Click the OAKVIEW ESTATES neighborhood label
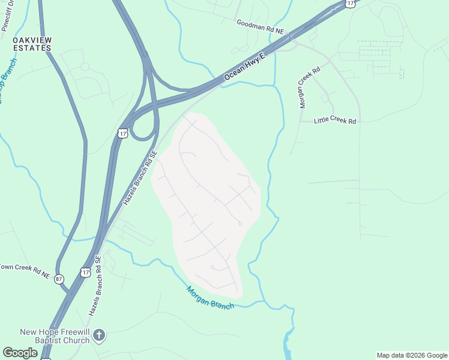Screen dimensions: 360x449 [x=32, y=44]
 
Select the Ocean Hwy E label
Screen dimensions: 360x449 [x=245, y=69]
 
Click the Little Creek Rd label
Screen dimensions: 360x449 [x=336, y=121]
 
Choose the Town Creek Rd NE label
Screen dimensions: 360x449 [x=24, y=271]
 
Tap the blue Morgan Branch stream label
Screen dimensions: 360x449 [x=209, y=297]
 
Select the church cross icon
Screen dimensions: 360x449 [x=100, y=335]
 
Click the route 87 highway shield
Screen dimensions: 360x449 [x=59, y=279]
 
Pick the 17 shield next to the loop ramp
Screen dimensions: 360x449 [x=123, y=133]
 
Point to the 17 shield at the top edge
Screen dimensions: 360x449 [x=351, y=3]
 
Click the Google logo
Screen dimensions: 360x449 [x=20, y=353]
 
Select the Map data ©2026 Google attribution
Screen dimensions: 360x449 [x=411, y=355]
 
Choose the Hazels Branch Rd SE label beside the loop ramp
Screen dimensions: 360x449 [x=139, y=178]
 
